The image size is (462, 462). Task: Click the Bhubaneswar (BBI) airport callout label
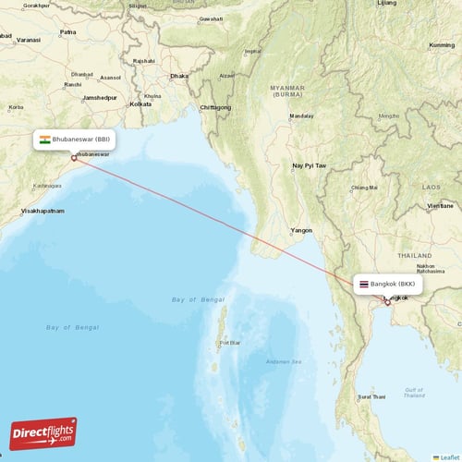[75, 140]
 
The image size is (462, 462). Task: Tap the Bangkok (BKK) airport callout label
[388, 284]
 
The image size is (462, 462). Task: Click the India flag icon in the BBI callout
[44, 140]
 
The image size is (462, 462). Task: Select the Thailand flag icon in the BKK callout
[364, 284]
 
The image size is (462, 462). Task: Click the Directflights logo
[43, 432]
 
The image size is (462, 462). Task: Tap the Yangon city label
[302, 229]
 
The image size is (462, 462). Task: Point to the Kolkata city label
[140, 103]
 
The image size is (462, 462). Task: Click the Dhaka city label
[178, 76]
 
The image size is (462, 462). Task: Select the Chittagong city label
[215, 107]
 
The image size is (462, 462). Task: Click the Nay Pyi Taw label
[310, 165]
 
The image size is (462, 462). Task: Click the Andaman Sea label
[282, 359]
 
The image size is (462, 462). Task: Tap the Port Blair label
[228, 343]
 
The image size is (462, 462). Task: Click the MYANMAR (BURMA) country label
[286, 91]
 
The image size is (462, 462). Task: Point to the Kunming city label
[442, 45]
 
